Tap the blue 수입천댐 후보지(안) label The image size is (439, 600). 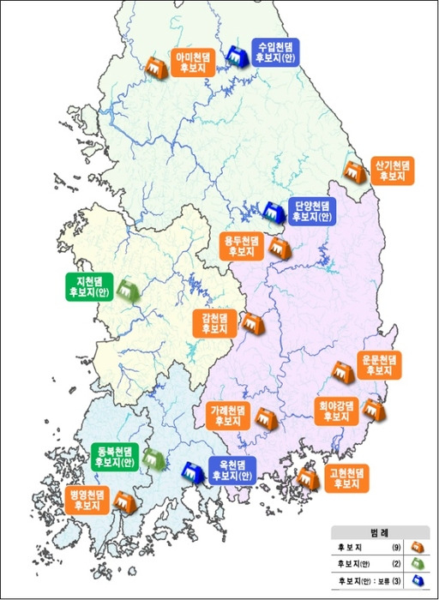pyautogui.click(x=277, y=52)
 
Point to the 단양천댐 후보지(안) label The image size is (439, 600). pyautogui.click(x=312, y=211)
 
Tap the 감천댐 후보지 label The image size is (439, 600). pyautogui.click(x=214, y=322)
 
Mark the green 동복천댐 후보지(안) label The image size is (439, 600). pyautogui.click(x=113, y=456)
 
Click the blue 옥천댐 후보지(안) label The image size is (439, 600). pyautogui.click(x=231, y=470)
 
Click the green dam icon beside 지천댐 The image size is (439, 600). pyautogui.click(x=129, y=290)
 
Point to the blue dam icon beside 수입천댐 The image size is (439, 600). pyautogui.click(x=234, y=56)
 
